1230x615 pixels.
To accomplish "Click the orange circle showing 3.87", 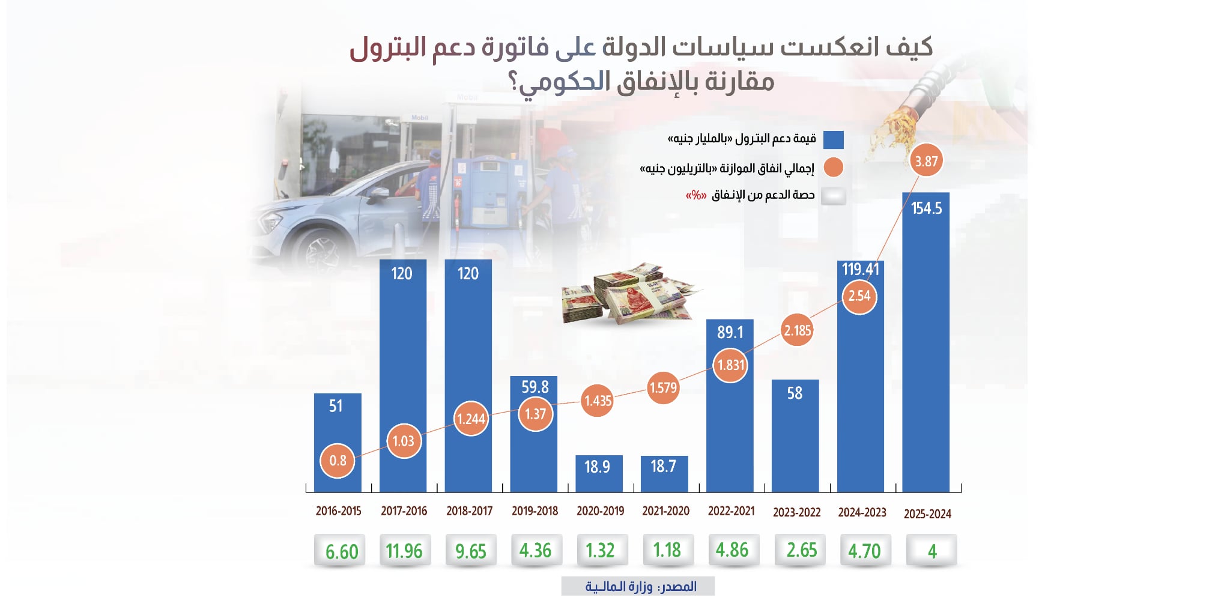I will tap(926, 161).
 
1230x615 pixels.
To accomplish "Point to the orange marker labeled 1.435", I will tap(598, 401).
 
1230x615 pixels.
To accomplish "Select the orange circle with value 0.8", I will tap(338, 461).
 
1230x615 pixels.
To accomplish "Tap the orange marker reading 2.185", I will tap(797, 330).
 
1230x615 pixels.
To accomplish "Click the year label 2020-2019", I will tap(600, 511).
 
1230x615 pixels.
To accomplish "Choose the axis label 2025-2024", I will tap(927, 514).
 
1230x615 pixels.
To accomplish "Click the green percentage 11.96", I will tap(404, 550).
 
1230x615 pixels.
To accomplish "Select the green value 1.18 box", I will tap(666, 550).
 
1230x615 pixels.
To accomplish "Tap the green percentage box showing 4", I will tap(932, 550).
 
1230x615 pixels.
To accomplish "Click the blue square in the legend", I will tap(833, 140).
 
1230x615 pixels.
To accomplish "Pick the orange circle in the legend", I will tap(833, 168).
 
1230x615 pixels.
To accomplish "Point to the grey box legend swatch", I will tap(833, 196).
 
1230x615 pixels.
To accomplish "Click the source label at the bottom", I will tap(638, 586).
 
